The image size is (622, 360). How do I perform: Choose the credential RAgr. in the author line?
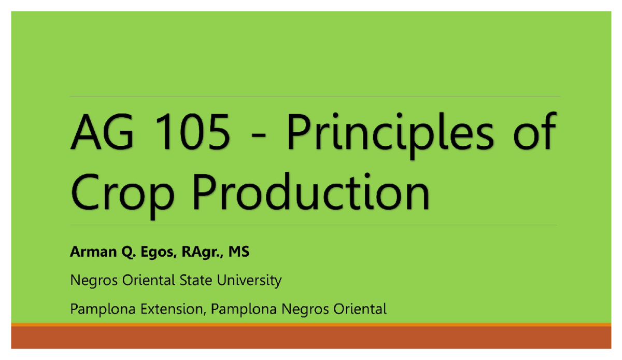point(197,253)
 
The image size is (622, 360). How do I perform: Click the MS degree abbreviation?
point(238,253)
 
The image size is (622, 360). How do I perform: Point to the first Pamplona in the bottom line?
point(97,310)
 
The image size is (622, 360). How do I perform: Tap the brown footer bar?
point(311,338)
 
